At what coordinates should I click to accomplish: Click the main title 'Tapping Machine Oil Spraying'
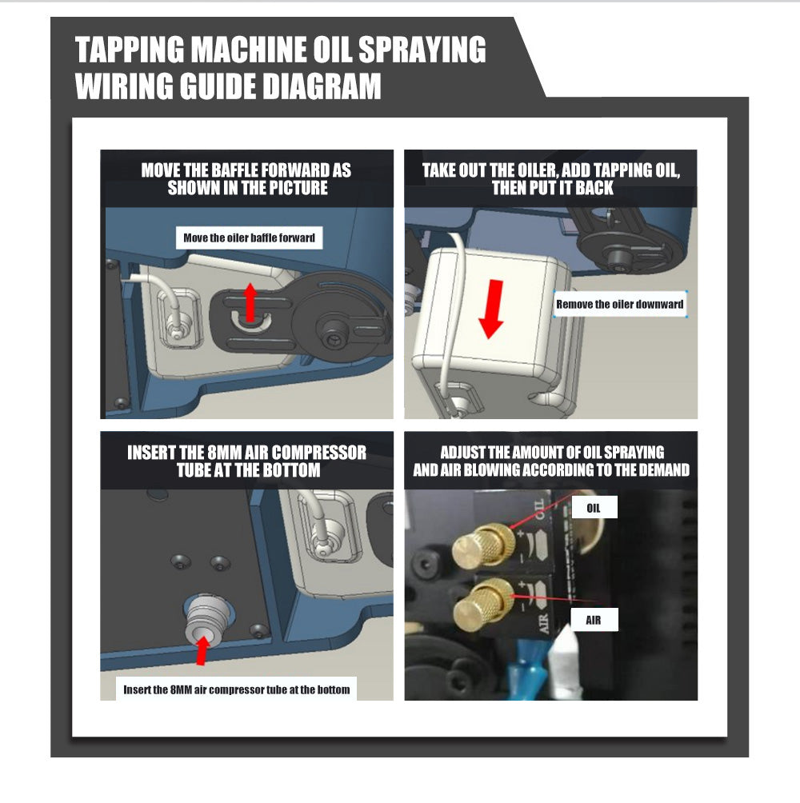point(280,49)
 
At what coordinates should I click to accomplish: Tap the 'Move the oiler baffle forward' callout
point(250,238)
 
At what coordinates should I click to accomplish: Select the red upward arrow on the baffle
point(250,302)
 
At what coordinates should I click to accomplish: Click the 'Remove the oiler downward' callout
point(620,304)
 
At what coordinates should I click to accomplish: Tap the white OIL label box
point(594,508)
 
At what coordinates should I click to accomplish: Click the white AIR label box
point(594,620)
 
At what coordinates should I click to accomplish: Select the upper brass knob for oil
point(482,545)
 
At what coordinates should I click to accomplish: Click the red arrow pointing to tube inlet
point(203,650)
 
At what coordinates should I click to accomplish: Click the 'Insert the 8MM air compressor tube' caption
point(237,689)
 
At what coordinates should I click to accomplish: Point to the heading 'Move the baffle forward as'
point(246,170)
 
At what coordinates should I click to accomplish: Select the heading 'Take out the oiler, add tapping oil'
point(551,170)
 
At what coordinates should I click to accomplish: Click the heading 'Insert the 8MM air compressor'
point(247,452)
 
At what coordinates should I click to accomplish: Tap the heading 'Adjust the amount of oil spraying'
point(552,452)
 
